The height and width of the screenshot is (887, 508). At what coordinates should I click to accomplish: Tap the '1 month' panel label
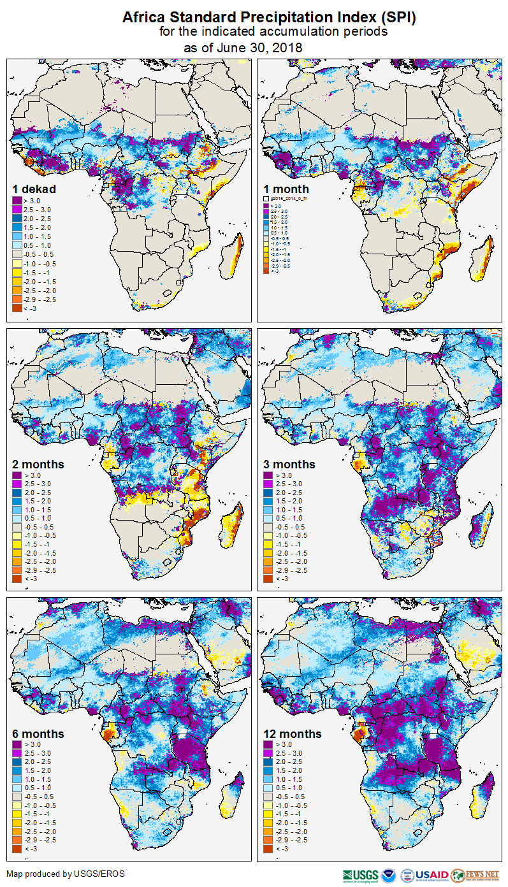(x=286, y=189)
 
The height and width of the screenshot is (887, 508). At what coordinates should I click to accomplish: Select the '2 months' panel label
(x=38, y=465)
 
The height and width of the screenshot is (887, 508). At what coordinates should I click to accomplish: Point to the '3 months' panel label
(x=289, y=465)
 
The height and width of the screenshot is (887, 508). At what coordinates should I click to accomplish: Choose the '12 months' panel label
(x=293, y=734)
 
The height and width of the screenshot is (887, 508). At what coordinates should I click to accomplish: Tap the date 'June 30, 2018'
(x=260, y=48)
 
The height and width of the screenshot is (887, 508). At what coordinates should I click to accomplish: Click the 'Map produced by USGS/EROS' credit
(x=66, y=874)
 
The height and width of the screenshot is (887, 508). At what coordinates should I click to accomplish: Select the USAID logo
(x=432, y=875)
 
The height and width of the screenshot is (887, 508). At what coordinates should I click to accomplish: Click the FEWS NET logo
(x=474, y=875)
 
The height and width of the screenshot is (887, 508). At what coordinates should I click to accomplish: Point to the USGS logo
(x=361, y=875)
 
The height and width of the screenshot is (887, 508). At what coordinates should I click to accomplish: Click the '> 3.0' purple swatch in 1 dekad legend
(x=17, y=201)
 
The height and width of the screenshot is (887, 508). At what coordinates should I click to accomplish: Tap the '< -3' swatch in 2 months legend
(x=17, y=579)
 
